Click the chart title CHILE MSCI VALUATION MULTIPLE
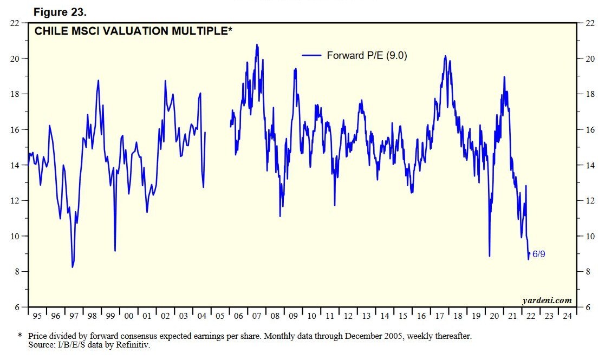coord(133,31)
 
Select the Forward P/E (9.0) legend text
coord(367,55)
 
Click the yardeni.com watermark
coord(547,300)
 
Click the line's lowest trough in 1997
coord(73,267)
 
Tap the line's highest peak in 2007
coord(257,45)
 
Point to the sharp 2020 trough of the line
coord(489,256)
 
